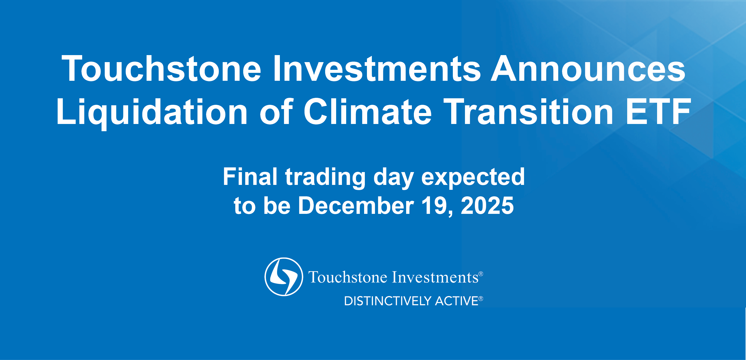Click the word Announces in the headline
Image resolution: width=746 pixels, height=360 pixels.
588,69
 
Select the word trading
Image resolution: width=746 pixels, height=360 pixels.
325,178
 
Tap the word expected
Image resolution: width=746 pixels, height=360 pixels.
473,178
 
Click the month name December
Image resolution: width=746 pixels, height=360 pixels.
356,205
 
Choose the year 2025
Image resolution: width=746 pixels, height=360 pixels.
487,205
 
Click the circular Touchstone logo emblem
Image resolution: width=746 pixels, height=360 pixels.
284,277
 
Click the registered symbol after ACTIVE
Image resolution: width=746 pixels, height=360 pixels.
481,298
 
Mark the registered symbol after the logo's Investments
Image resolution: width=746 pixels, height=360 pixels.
481,274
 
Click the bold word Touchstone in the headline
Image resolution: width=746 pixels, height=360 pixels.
161,69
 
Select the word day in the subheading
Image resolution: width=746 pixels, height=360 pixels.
394,178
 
